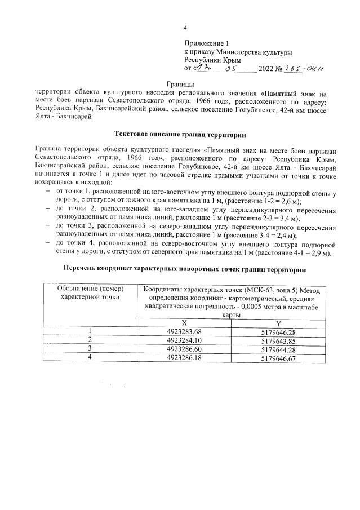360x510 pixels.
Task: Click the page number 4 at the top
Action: pos(185,29)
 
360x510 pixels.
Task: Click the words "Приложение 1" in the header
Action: pos(207,43)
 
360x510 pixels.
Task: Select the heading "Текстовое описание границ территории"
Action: pos(180,135)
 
